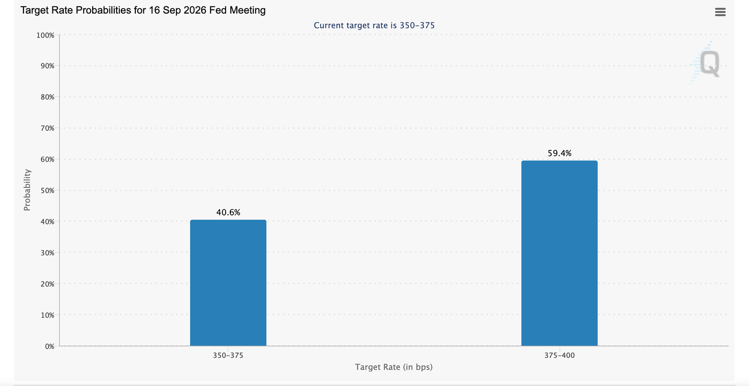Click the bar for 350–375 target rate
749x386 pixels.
[228, 283]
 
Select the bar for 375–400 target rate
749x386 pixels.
[559, 253]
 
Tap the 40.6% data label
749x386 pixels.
[228, 212]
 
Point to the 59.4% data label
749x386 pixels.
[559, 153]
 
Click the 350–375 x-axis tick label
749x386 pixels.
[228, 355]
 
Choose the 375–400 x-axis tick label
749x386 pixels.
[559, 355]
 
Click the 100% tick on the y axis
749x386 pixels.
[45, 35]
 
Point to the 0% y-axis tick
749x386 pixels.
[50, 347]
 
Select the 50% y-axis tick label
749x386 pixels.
[47, 191]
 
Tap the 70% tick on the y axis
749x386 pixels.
[47, 128]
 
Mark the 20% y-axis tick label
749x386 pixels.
[47, 284]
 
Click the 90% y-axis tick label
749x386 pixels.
[47, 66]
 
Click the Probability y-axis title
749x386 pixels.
[27, 190]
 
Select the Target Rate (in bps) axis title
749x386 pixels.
[394, 367]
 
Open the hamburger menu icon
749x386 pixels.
[720, 12]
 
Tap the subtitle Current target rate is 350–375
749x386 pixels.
[374, 25]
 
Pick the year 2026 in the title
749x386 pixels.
[194, 10]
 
